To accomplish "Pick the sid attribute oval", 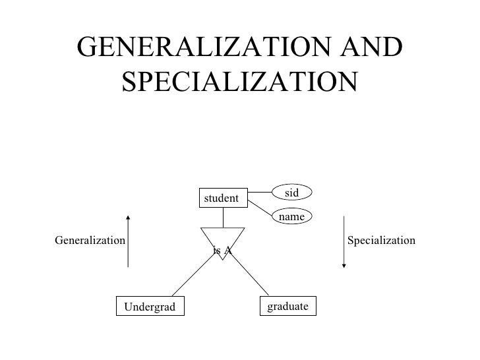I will point(293,193).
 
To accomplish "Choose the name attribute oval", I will point(293,216).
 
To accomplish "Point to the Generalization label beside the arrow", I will point(90,241).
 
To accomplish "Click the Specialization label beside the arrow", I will point(381,241).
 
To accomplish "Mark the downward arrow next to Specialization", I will point(344,241).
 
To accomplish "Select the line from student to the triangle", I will point(223,217).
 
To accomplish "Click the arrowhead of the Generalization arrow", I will point(128,217).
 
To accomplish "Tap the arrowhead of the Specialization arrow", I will point(344,266).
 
